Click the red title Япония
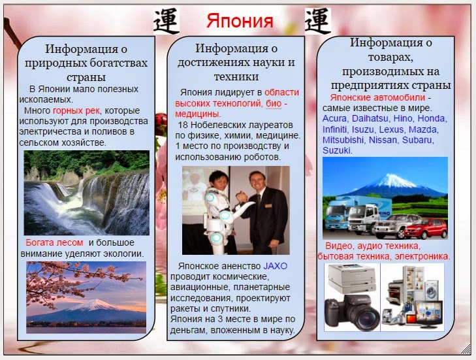[x=240, y=20]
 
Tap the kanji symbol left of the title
[x=166, y=20]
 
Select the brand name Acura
[x=335, y=118]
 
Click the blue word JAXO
[x=275, y=267]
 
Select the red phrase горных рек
[x=82, y=110]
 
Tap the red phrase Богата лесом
[x=54, y=242]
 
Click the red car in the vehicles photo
[x=426, y=229]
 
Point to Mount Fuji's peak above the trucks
[x=394, y=174]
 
